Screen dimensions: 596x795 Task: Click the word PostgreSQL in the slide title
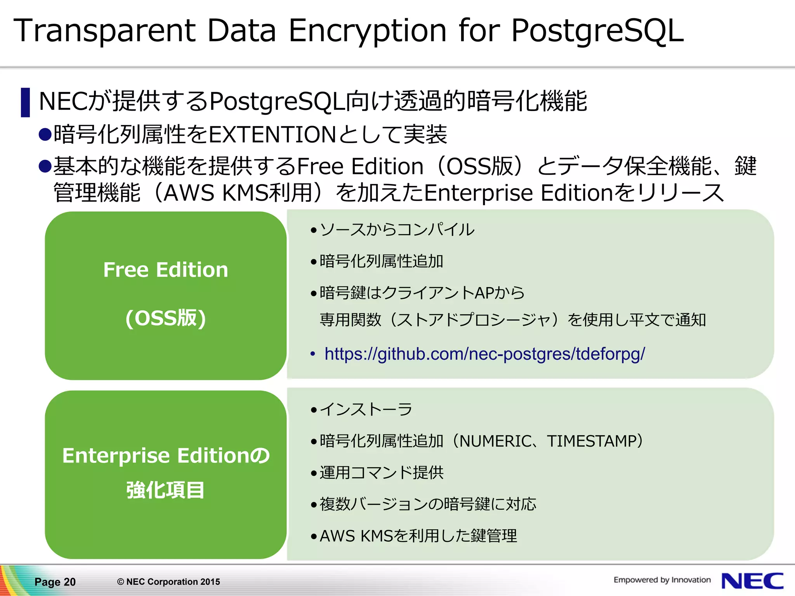(x=597, y=31)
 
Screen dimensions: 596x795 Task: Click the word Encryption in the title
(x=367, y=31)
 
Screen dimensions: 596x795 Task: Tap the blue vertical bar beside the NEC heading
(x=25, y=102)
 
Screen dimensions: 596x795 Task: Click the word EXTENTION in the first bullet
(x=272, y=135)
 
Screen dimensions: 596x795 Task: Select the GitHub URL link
(x=484, y=354)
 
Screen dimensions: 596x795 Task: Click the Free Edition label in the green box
(x=166, y=270)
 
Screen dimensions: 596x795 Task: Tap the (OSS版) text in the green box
(x=166, y=318)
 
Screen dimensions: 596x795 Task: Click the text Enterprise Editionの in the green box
(x=166, y=456)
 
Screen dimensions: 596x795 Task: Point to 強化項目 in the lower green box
(x=166, y=490)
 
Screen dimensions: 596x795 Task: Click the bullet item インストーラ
(x=366, y=409)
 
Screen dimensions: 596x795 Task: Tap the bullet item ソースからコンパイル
(x=397, y=230)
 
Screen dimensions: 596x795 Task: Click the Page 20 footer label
(x=55, y=582)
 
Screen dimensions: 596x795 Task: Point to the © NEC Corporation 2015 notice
(x=168, y=582)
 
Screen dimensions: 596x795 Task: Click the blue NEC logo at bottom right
(x=752, y=581)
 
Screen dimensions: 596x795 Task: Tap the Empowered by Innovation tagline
(x=662, y=580)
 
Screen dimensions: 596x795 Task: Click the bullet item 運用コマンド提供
(x=381, y=473)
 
